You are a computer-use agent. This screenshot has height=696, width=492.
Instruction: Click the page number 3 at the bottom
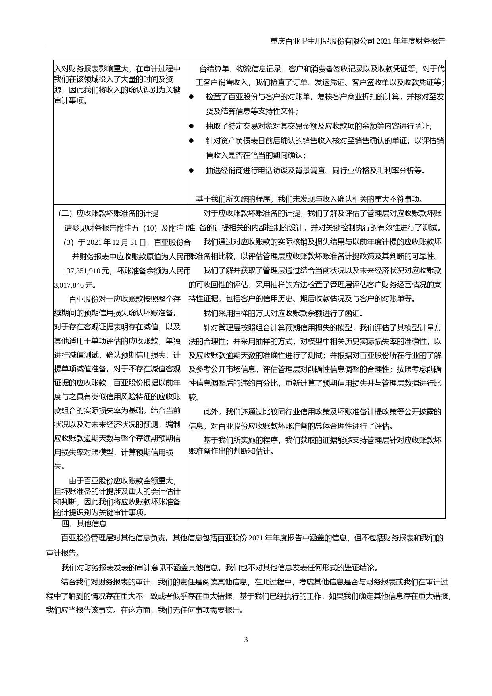[246, 640]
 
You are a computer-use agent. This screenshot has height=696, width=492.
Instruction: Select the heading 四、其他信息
[84, 524]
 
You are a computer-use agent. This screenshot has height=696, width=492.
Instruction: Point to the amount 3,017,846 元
[75, 285]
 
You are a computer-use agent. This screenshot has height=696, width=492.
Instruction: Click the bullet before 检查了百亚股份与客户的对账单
[192, 97]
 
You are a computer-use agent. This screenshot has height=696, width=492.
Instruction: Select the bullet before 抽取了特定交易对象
[192, 126]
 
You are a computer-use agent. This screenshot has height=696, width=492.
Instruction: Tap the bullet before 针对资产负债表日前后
[192, 141]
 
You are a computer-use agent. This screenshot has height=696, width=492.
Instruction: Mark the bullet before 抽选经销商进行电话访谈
[192, 171]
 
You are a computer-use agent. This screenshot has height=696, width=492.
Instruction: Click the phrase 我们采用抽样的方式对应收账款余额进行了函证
[283, 313]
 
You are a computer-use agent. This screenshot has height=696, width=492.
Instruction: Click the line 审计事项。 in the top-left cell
[71, 101]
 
